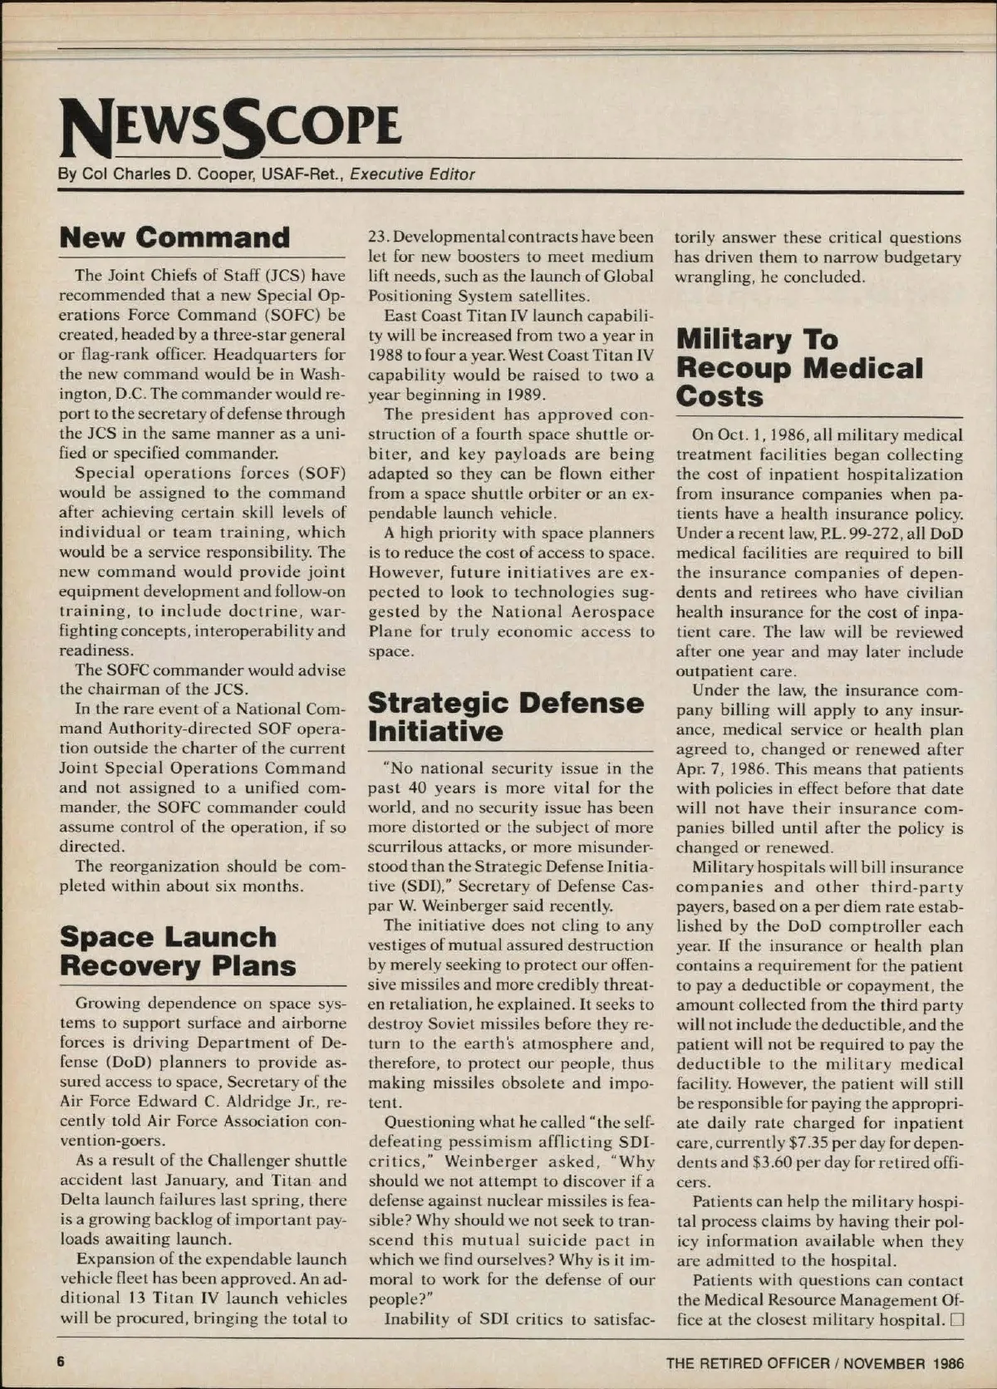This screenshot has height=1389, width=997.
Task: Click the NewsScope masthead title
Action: pos(230,127)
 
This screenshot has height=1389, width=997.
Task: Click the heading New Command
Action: pos(174,238)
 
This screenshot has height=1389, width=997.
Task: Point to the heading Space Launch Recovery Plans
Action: pos(178,951)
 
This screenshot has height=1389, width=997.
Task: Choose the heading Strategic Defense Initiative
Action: pos(505,716)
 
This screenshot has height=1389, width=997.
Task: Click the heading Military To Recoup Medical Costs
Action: pos(798,367)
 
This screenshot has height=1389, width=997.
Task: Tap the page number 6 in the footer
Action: pos(61,1362)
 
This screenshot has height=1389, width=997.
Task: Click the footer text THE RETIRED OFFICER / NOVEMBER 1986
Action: pos(814,1363)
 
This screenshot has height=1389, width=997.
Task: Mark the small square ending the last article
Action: pos(955,1320)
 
